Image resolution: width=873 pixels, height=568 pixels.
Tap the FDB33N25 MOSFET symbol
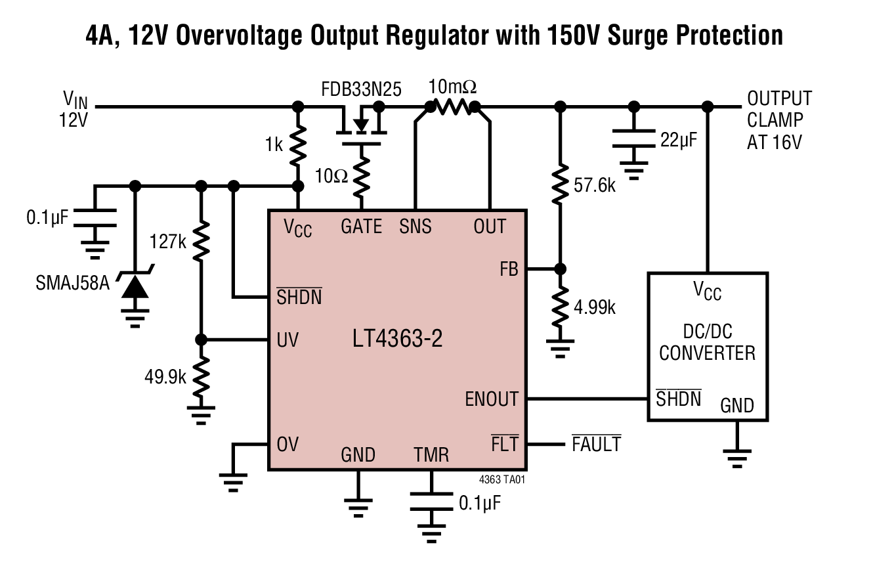(360, 125)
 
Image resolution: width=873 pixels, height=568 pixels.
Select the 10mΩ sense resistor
(452, 106)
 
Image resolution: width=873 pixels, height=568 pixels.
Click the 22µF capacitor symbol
(633, 139)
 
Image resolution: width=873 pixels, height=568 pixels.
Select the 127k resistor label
(168, 241)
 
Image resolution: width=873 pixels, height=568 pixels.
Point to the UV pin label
(287, 339)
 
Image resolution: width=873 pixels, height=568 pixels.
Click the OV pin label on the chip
(287, 445)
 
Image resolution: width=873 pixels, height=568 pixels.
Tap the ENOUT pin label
(492, 399)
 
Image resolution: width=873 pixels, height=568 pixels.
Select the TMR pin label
(431, 454)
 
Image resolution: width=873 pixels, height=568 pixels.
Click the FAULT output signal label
(596, 445)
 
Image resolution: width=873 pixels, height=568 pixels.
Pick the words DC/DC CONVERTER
(707, 343)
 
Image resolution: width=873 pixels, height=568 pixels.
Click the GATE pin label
(361, 227)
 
